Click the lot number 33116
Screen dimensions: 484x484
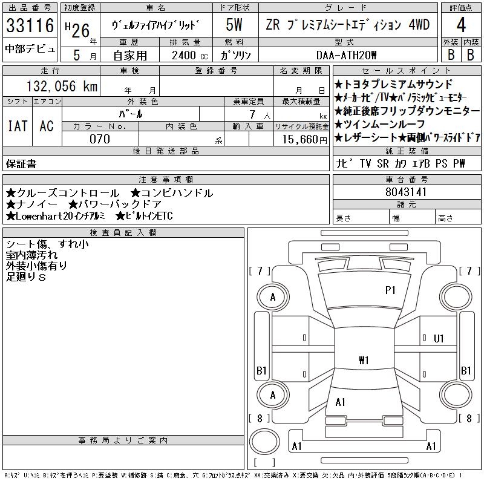[x=30, y=25]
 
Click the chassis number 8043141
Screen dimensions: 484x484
[x=406, y=192]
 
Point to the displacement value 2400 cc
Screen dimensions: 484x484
[x=188, y=54]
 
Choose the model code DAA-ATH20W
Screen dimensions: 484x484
[x=347, y=54]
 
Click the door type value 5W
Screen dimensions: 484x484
[x=235, y=25]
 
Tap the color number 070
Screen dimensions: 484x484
[x=100, y=139]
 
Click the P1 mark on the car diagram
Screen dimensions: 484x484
[x=390, y=290]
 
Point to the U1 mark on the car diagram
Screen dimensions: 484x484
[x=439, y=338]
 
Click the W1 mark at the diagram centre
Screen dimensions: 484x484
[x=364, y=361]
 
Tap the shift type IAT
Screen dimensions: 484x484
[x=17, y=126]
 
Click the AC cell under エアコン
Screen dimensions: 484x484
[x=46, y=126]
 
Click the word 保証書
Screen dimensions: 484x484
[x=21, y=163]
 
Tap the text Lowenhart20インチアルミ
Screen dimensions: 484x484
[x=57, y=216]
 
